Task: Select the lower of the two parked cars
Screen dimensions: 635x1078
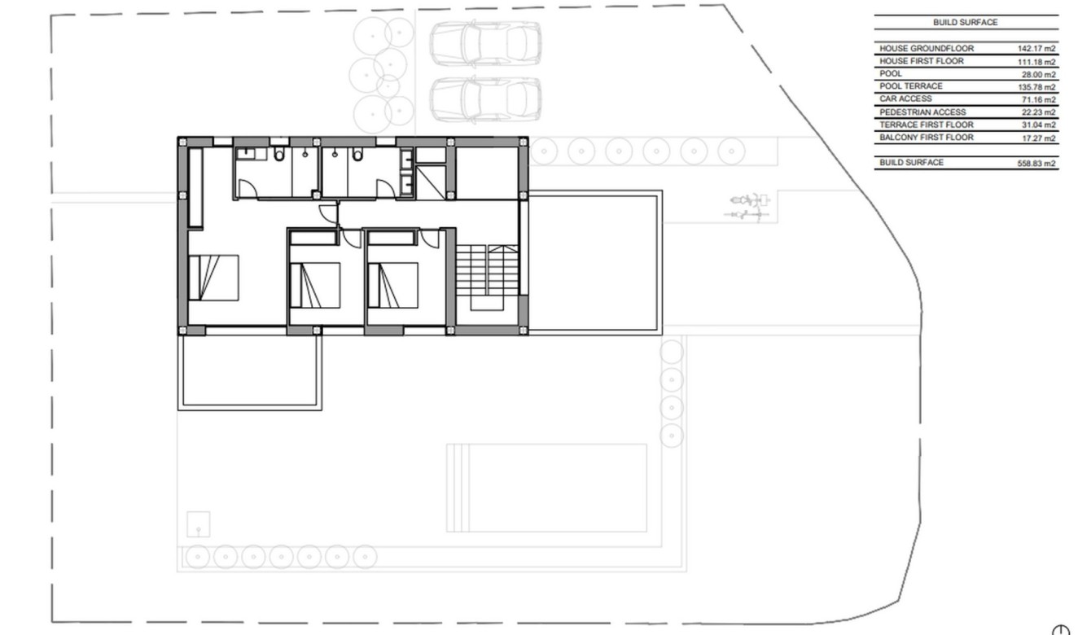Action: point(485,99)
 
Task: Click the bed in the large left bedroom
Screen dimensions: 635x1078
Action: point(214,278)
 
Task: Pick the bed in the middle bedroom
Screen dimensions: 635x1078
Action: point(316,284)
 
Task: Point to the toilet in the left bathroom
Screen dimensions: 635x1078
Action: point(279,155)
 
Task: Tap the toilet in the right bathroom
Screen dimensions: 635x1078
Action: point(357,155)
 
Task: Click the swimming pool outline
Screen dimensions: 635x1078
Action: point(546,488)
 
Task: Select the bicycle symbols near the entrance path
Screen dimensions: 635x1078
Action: point(748,206)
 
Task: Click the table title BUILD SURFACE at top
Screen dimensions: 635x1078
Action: point(965,23)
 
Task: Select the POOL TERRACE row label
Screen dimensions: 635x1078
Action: point(911,86)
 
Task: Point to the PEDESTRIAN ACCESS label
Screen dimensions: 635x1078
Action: point(922,112)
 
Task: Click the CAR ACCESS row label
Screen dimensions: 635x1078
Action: point(905,99)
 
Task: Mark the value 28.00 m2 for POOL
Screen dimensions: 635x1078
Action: point(1040,74)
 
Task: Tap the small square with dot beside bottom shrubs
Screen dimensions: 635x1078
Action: point(198,523)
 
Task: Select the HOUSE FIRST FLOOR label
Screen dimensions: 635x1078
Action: point(921,61)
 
